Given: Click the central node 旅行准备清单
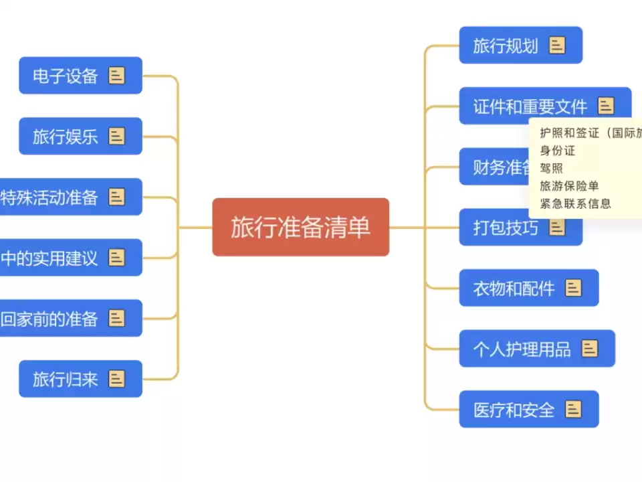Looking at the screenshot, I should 300,228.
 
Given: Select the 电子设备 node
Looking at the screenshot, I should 66,76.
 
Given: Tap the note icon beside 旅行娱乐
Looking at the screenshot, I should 116,137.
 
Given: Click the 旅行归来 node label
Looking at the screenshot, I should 66,380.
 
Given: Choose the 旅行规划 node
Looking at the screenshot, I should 506,46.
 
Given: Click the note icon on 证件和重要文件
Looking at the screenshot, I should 606,106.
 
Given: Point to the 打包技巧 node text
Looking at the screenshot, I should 506,228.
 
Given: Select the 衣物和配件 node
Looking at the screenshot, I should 514,289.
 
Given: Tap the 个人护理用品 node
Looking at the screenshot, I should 522,349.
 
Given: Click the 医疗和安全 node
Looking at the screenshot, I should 514,410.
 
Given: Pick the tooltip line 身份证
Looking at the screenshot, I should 558,151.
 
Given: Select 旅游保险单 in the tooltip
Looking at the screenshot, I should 569,186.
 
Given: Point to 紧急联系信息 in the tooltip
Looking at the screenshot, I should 575,204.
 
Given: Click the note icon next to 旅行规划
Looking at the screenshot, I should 557,45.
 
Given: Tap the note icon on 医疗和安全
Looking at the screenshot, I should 573,409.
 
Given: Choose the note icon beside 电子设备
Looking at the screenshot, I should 116,76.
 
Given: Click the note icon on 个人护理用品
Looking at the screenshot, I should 589,348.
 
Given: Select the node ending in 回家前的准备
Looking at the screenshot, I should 49,319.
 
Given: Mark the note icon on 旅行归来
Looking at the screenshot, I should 116,379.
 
